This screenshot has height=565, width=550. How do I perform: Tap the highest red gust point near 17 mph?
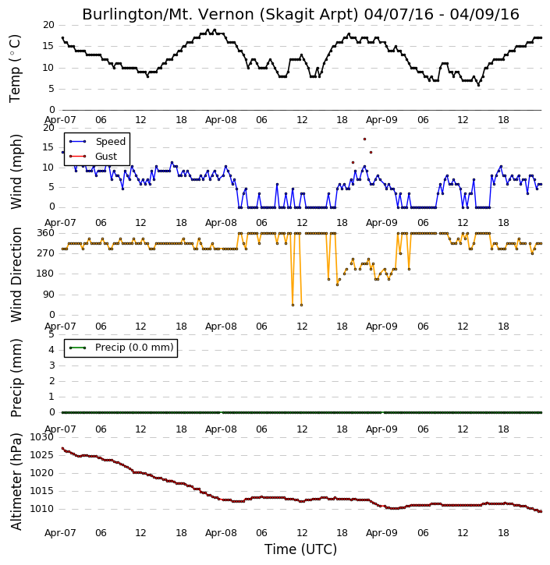click(364, 139)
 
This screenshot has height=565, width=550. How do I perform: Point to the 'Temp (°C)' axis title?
click(15, 69)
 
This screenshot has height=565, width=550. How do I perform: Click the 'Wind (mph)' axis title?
click(16, 171)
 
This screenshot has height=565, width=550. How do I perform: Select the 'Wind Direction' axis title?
click(16, 274)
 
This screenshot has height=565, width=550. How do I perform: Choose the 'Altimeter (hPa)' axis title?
click(16, 482)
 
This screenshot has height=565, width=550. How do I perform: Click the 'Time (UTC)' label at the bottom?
click(300, 549)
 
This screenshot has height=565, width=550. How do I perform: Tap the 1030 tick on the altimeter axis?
click(41, 437)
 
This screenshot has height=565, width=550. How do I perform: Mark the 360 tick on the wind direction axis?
click(46, 233)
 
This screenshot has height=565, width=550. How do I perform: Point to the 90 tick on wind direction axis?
click(48, 295)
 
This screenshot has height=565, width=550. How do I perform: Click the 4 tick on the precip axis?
click(51, 350)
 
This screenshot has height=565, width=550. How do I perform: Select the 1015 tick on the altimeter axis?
click(41, 491)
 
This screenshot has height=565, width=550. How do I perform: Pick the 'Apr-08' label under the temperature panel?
click(221, 120)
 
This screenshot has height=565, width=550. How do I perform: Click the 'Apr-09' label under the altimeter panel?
click(381, 533)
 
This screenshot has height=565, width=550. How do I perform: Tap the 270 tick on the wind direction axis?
click(46, 253)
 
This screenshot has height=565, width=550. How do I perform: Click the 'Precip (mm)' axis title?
click(16, 378)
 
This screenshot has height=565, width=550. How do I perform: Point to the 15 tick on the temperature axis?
click(48, 46)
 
